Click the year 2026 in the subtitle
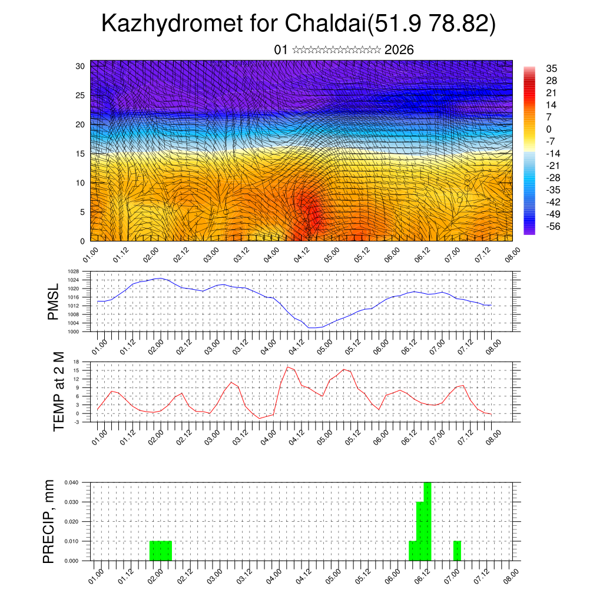[x=399, y=50]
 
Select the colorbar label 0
[x=549, y=129]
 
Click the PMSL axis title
[x=54, y=301]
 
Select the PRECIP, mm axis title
[x=49, y=521]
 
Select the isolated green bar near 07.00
[x=457, y=551]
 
